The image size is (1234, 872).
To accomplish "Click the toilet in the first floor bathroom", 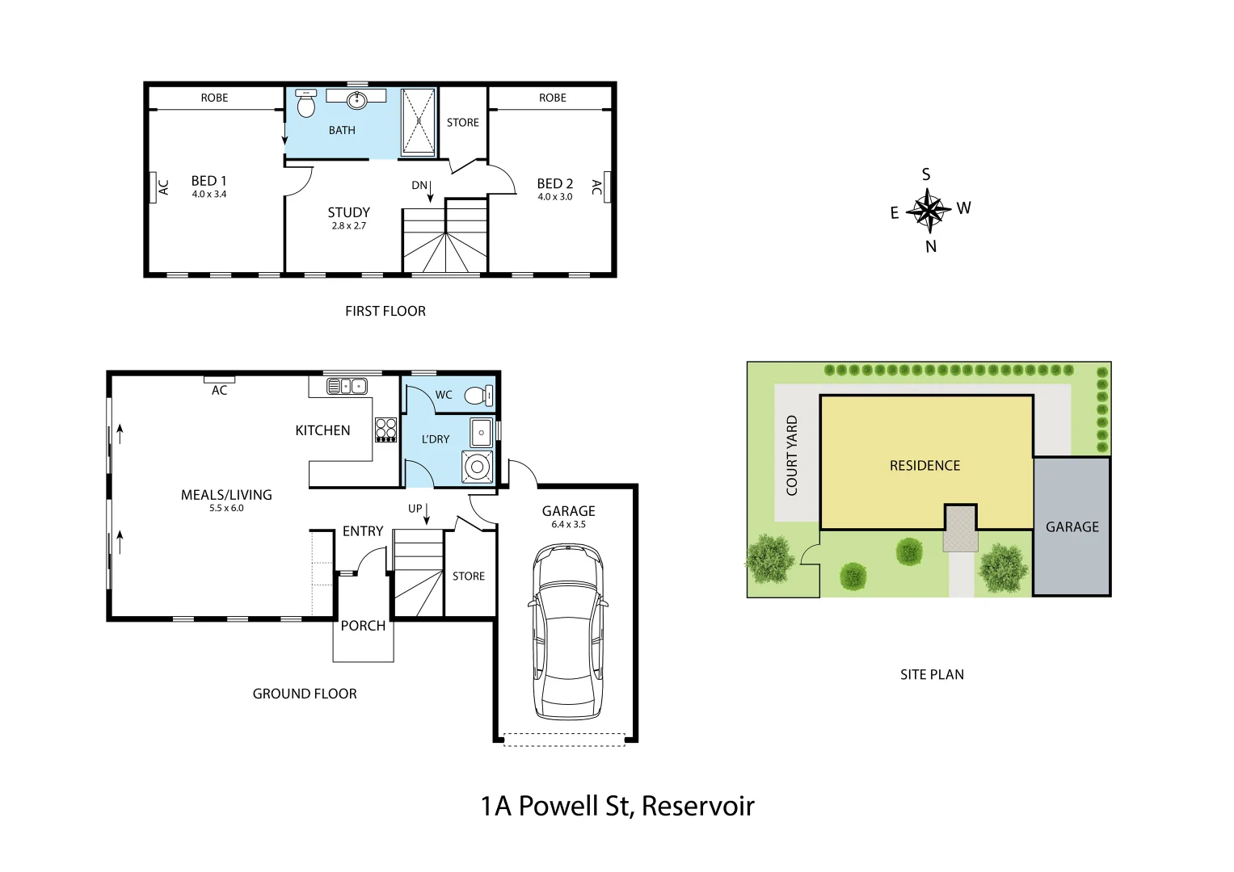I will [x=306, y=104].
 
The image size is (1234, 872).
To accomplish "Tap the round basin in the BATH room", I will [x=356, y=100].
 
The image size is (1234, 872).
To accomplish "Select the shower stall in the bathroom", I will [x=419, y=122].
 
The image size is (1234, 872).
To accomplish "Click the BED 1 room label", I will [x=208, y=181].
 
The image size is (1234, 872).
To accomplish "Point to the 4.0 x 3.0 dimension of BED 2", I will [x=555, y=197].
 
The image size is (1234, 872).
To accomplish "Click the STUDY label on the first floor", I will [x=348, y=212].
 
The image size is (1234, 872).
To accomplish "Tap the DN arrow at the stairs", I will [x=430, y=191].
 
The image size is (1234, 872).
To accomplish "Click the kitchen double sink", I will [x=347, y=387].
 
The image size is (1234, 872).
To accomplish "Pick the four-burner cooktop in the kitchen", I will [x=386, y=430].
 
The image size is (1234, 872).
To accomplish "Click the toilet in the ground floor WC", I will [x=479, y=396].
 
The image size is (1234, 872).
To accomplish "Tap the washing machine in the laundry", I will [x=478, y=467].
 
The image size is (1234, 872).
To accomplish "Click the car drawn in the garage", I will [x=567, y=631].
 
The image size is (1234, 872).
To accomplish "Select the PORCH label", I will [x=363, y=626].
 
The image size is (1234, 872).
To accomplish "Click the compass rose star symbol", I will [x=929, y=211].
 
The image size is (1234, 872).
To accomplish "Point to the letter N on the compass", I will [x=931, y=247].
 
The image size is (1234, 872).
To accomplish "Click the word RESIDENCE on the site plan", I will [x=924, y=466].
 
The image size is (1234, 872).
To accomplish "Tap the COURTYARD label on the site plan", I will [x=792, y=455].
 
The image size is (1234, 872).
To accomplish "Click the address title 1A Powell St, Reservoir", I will [x=617, y=806].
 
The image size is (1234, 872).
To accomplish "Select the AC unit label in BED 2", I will [x=596, y=187].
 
